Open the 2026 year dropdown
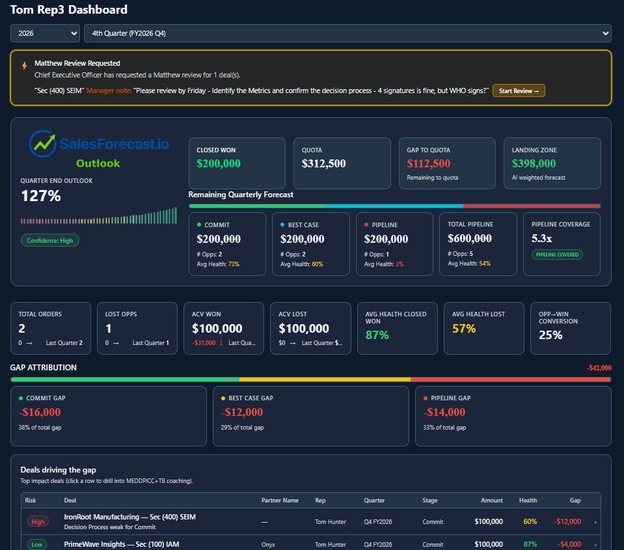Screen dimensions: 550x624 click(45, 33)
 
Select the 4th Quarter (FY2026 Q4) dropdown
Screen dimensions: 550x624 click(347, 33)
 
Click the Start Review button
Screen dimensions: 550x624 click(519, 90)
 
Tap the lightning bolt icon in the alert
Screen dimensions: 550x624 click(25, 66)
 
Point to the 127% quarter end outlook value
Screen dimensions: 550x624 click(41, 196)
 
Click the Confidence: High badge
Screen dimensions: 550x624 click(50, 240)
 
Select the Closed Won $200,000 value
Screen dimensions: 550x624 click(219, 164)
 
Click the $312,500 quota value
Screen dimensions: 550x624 click(324, 164)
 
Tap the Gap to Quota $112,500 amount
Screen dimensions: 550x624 click(429, 164)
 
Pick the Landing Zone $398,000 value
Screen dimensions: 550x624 click(534, 164)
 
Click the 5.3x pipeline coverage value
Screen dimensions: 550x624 click(541, 239)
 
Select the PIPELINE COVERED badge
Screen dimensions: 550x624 click(557, 254)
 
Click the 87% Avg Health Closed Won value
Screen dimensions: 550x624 click(377, 335)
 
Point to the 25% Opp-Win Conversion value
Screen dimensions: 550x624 click(550, 335)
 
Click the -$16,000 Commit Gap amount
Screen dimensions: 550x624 click(40, 412)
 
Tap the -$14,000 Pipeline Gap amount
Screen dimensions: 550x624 click(444, 412)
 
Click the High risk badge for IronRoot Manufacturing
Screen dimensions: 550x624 click(38, 521)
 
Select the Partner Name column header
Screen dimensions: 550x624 click(280, 501)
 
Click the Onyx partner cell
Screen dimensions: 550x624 click(268, 544)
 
